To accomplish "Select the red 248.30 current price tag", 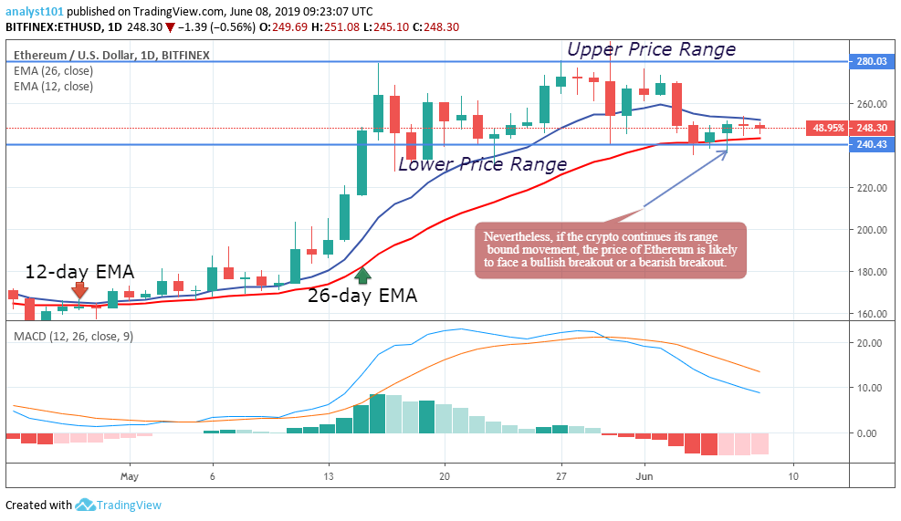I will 872,129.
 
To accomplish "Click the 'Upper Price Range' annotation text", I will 651,49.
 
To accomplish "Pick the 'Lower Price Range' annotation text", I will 482,164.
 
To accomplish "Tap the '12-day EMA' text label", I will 79,271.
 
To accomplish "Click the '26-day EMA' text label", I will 361,296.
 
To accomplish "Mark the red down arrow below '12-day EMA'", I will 80,292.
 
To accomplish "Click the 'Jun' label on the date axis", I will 644,476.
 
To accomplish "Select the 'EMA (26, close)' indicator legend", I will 53,70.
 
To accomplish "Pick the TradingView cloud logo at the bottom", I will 86,505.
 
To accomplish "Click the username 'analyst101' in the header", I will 36,11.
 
